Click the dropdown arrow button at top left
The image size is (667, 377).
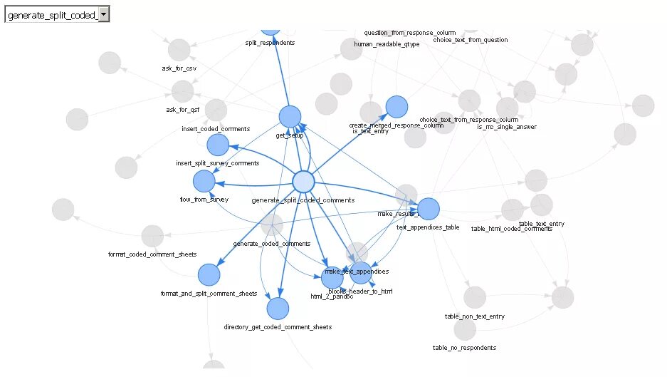103,14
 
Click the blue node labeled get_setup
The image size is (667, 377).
290,117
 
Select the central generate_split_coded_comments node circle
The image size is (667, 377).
303,182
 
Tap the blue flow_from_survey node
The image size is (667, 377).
204,181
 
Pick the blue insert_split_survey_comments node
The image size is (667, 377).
218,145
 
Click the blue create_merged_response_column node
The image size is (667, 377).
396,106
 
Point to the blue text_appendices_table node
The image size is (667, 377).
428,209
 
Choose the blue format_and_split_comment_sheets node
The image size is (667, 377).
209,274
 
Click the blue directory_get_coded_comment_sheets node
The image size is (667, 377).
278,309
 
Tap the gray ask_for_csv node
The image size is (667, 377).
179,50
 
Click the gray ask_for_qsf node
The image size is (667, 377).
182,91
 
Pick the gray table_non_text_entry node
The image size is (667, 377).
475,297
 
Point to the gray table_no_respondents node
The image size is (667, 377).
464,329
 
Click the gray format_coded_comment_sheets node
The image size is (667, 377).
152,236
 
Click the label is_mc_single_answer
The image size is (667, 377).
507,127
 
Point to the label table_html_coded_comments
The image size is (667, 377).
511,229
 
